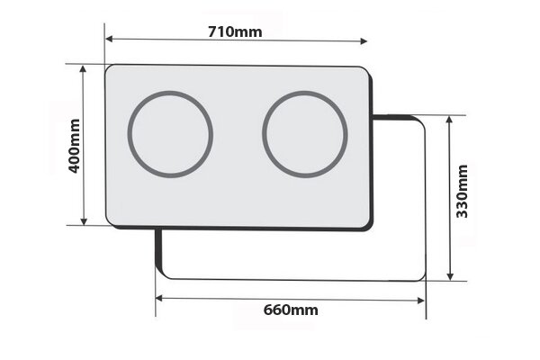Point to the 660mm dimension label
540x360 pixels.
pos(291,310)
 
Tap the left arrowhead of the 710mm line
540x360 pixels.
pos(108,40)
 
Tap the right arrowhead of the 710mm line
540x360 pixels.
pos(364,40)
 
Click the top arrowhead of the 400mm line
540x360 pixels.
pos(85,68)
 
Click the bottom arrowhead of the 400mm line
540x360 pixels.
pos(85,222)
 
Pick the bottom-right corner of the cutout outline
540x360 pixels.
pos(422,278)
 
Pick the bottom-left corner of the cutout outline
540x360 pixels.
pos(159,275)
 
